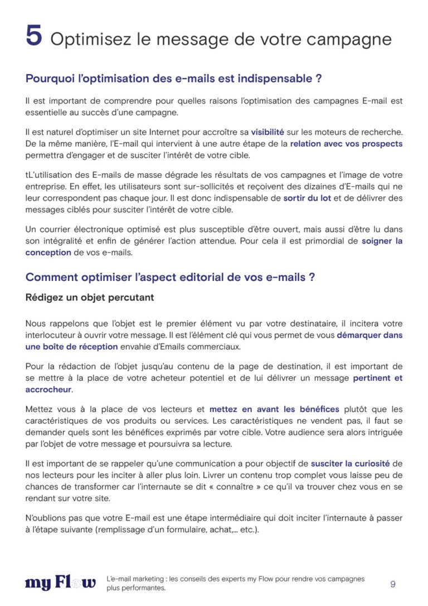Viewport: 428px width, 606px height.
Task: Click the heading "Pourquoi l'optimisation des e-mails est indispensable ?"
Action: (173, 79)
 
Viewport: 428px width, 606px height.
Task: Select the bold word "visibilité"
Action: (267, 132)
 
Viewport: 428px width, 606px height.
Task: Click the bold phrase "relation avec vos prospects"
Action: (346, 143)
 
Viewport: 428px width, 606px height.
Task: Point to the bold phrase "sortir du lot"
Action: (307, 198)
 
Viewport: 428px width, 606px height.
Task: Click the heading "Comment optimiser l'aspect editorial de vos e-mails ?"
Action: (170, 277)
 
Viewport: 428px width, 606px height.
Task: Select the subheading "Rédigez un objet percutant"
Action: (90, 298)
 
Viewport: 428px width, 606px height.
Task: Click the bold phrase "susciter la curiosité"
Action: (351, 463)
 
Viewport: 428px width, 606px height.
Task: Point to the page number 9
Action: (393, 584)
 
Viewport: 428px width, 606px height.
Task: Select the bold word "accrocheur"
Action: (48, 389)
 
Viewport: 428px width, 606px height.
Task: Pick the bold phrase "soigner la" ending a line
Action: (382, 241)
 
